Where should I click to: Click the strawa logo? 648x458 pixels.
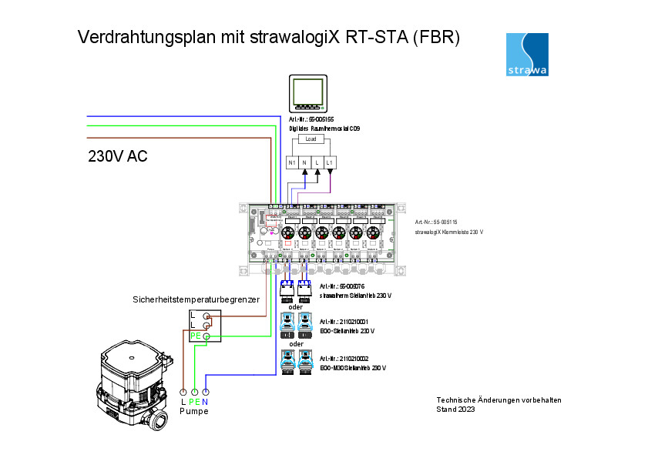pyautogui.click(x=527, y=55)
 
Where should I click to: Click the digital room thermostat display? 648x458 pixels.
pyautogui.click(x=307, y=93)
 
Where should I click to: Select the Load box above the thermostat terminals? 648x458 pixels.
pyautogui.click(x=311, y=139)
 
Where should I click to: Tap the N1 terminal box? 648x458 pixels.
pyautogui.click(x=292, y=162)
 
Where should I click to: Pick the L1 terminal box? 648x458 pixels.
pyautogui.click(x=330, y=162)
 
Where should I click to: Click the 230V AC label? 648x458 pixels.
pyautogui.click(x=118, y=157)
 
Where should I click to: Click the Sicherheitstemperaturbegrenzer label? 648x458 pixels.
pyautogui.click(x=196, y=299)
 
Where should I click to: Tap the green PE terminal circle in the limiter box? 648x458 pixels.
pyautogui.click(x=206, y=336)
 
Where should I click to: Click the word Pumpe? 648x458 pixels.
pyautogui.click(x=194, y=411)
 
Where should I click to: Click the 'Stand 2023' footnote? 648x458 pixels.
pyautogui.click(x=455, y=410)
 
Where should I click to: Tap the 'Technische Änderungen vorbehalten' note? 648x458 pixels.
pyautogui.click(x=499, y=399)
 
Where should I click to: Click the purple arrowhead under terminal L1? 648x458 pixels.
pyautogui.click(x=330, y=172)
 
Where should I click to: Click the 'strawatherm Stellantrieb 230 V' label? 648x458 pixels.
pyautogui.click(x=355, y=295)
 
